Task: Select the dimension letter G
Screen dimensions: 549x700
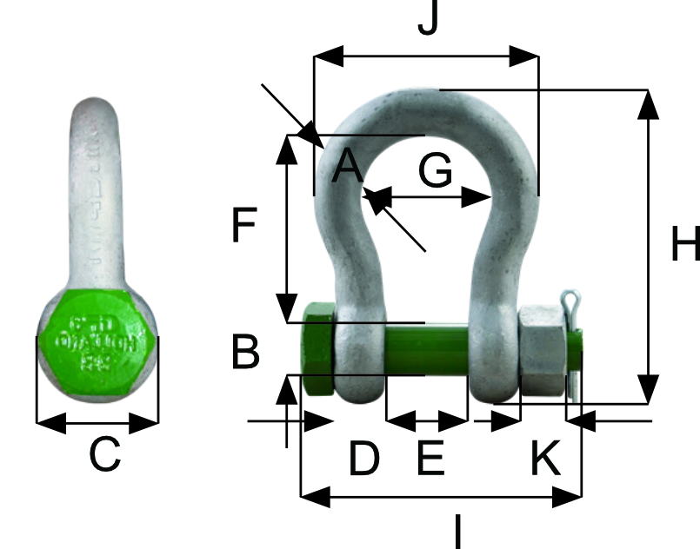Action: coord(435,170)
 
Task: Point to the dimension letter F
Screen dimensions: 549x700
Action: coord(244,227)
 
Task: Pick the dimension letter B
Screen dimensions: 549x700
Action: coord(246,353)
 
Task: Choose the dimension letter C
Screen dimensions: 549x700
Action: coord(104,454)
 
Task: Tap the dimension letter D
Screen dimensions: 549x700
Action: coord(364,459)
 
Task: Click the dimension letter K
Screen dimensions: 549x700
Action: coord(546,459)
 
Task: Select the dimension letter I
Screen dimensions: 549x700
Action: coord(457,531)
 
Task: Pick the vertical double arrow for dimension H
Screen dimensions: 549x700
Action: coord(647,246)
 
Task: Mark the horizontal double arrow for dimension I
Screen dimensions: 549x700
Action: coord(440,498)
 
